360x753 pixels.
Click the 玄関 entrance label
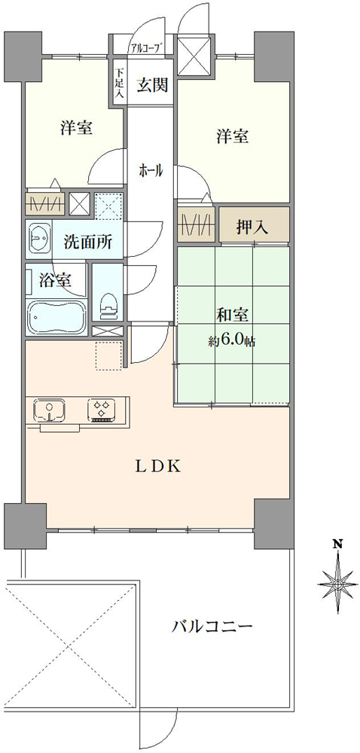pos(151,84)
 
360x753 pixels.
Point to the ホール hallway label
pos(150,172)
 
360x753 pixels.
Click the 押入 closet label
pos(254,227)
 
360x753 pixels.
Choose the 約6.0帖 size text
pos(233,341)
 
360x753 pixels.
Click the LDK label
pos(157,465)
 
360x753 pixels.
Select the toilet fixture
pos(108,301)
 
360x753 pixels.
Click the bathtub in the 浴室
pos(56,317)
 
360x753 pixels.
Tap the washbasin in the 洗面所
pos(39,240)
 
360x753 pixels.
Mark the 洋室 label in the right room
pos(233,136)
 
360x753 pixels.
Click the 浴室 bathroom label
pos(56,281)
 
